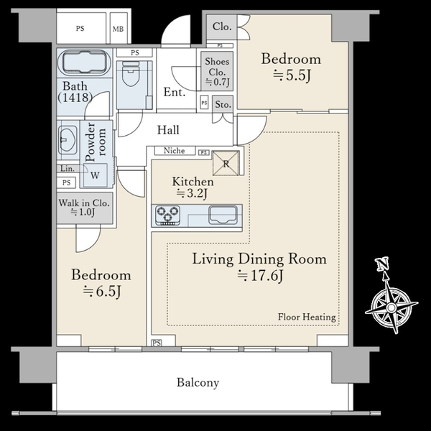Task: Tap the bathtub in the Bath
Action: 85,62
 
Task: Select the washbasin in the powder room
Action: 68,140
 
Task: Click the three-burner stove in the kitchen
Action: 167,215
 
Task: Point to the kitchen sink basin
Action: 223,214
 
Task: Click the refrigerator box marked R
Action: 226,163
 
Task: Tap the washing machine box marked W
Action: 95,175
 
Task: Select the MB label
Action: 118,29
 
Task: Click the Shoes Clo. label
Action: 217,67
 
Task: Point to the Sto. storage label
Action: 223,104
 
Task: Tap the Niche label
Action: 175,150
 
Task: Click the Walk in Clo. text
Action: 84,203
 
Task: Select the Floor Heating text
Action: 307,317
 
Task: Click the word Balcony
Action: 198,383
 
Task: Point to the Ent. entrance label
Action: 175,92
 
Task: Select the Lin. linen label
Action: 68,169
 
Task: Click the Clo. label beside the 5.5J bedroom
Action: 222,27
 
